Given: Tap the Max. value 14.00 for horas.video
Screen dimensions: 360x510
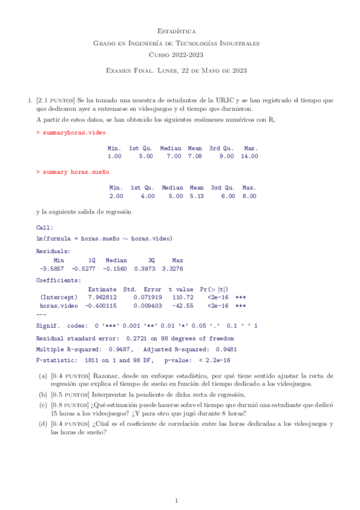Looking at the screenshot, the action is (249, 156).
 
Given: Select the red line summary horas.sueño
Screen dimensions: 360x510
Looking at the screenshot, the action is (72, 172).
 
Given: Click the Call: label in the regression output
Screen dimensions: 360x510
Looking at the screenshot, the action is (44, 228).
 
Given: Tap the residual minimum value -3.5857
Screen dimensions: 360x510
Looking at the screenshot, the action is (52, 268).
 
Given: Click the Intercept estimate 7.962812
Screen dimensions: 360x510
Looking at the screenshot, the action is (103, 297).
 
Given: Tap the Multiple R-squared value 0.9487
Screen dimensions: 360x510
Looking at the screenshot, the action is (120, 349).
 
